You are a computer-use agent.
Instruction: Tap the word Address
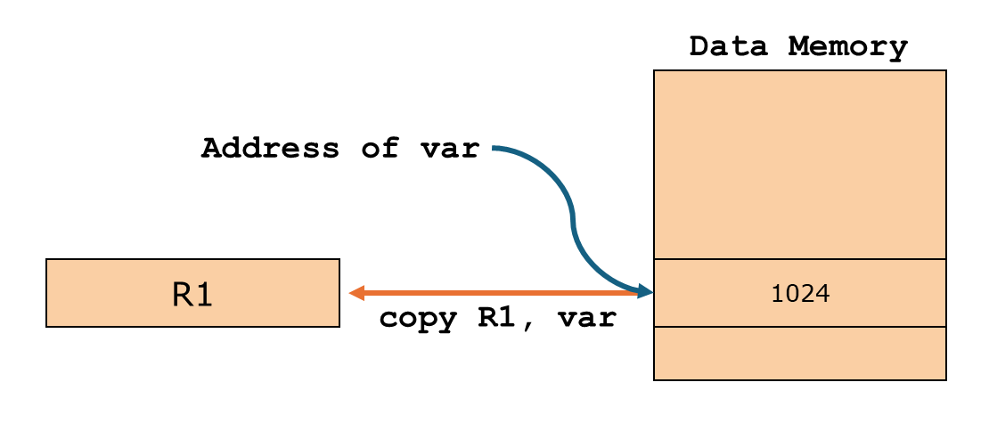[270, 148]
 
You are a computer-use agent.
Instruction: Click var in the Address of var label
[452, 148]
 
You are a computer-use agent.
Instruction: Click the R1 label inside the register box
[192, 294]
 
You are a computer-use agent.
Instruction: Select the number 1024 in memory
[799, 294]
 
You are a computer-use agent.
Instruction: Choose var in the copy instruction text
[587, 319]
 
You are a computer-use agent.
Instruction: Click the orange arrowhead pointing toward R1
[356, 292]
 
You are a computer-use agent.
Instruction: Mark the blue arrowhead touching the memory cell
[645, 291]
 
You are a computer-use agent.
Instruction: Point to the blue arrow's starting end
[496, 148]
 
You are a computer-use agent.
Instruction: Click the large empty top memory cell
[799, 165]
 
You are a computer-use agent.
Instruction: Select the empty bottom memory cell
[799, 354]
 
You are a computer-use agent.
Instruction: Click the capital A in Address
[211, 148]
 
